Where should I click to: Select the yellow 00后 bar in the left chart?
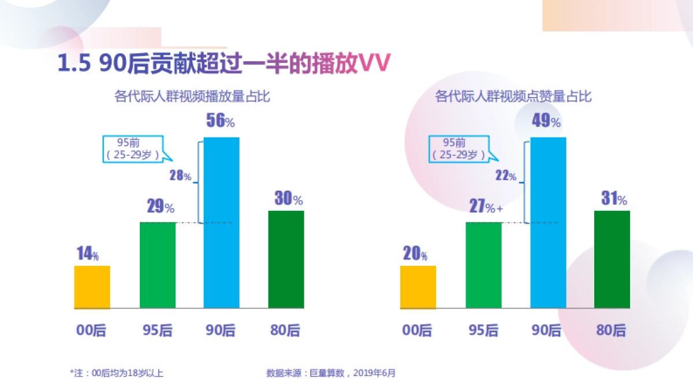click(x=92, y=287)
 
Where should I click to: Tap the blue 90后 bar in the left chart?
click(x=222, y=222)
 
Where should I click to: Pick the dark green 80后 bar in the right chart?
click(x=612, y=259)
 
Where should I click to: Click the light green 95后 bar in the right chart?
click(x=483, y=265)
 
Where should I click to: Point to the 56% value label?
click(x=221, y=121)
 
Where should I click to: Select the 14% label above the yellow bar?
click(x=88, y=254)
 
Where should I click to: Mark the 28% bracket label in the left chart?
click(x=180, y=176)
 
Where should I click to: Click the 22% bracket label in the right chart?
click(x=506, y=176)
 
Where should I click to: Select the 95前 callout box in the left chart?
click(x=133, y=148)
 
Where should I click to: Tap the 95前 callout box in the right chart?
click(x=459, y=148)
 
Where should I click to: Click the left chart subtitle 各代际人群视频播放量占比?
click(x=192, y=97)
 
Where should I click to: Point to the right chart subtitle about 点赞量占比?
click(x=513, y=97)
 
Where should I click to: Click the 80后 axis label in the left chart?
click(x=285, y=330)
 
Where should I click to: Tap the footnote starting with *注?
click(x=117, y=373)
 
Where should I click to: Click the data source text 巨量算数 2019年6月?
click(x=331, y=373)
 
